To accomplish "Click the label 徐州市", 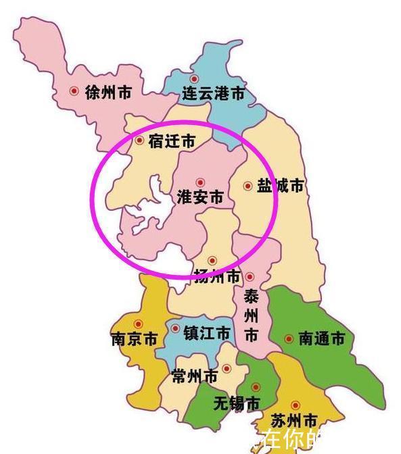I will pyautogui.click(x=108, y=93).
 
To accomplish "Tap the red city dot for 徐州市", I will pyautogui.click(x=75, y=91).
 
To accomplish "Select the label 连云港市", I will pyautogui.click(x=214, y=94).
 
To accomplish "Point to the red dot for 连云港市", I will pyautogui.click(x=194, y=79).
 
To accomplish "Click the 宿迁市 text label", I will pyautogui.click(x=171, y=141).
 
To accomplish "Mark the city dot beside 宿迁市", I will pyautogui.click(x=140, y=141).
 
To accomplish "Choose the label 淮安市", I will pyautogui.click(x=199, y=197).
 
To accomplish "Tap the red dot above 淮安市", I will pyautogui.click(x=199, y=182).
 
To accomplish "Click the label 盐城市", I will pyautogui.click(x=280, y=185).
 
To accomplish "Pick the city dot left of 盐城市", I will pyautogui.click(x=247, y=185).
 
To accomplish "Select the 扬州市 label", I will pyautogui.click(x=217, y=276).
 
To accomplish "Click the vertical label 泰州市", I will pyautogui.click(x=251, y=316).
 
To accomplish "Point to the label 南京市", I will pyautogui.click(x=134, y=338).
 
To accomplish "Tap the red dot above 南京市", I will pyautogui.click(x=139, y=324).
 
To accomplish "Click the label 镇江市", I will pyautogui.click(x=206, y=332).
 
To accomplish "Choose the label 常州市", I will pyautogui.click(x=194, y=376).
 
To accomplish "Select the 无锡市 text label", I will pyautogui.click(x=236, y=403).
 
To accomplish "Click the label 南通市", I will pyautogui.click(x=321, y=338).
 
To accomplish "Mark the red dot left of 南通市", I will pyautogui.click(x=289, y=338).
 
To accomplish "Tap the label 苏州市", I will pyautogui.click(x=294, y=421).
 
